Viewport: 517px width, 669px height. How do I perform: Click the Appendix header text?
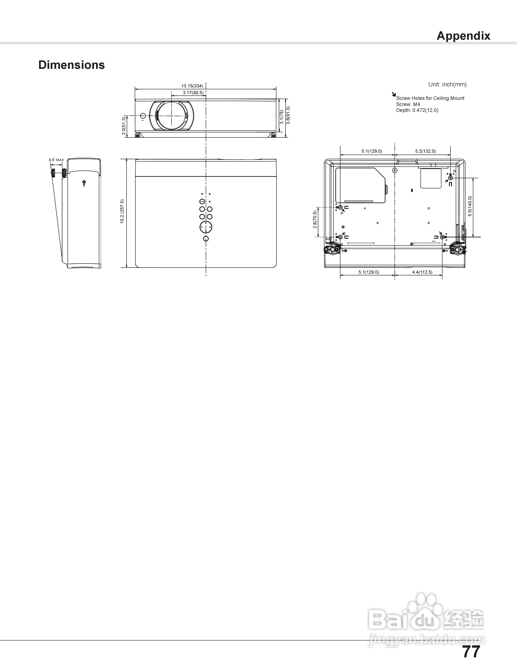coord(463,36)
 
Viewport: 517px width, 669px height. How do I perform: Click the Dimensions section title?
coord(72,65)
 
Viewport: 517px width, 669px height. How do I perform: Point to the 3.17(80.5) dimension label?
coord(193,92)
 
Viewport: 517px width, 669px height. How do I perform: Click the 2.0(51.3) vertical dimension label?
coord(123,126)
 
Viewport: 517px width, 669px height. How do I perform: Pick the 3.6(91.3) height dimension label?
coord(288,115)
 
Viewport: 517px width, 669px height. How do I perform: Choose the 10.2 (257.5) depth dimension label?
coord(122,211)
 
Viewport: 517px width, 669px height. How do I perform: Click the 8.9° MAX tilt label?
coord(56,160)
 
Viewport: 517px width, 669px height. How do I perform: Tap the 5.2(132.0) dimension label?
coord(425,151)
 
